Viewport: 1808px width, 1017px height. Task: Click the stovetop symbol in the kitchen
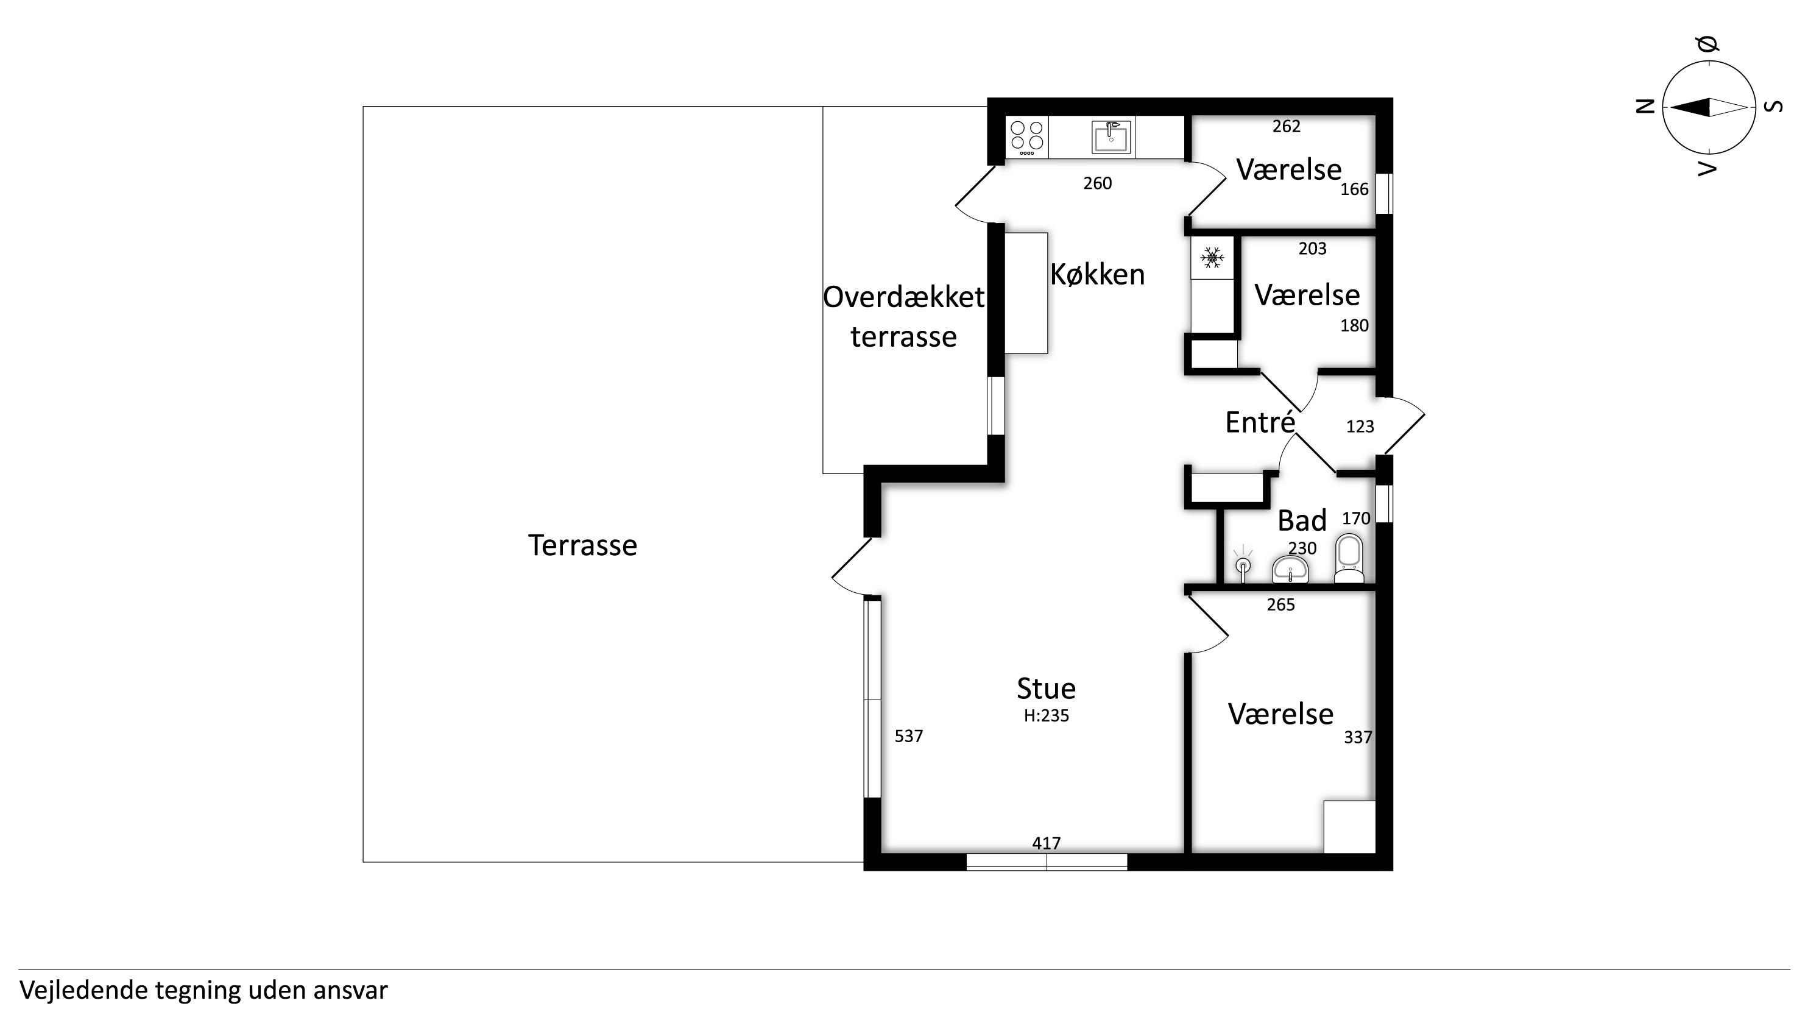pyautogui.click(x=1027, y=138)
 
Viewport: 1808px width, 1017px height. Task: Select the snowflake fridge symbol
pyautogui.click(x=1212, y=258)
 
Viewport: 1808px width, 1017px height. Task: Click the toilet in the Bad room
pyautogui.click(x=1349, y=559)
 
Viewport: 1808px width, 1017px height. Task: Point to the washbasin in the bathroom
pyautogui.click(x=1290, y=569)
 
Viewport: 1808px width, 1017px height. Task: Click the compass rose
pyautogui.click(x=1708, y=107)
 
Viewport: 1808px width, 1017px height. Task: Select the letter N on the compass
pyautogui.click(x=1646, y=107)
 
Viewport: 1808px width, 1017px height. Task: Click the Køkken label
pyautogui.click(x=1097, y=274)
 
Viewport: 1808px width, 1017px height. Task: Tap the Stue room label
pyautogui.click(x=1046, y=689)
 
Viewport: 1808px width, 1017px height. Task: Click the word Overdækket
pyautogui.click(x=903, y=297)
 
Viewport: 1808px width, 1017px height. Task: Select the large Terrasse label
pyautogui.click(x=582, y=545)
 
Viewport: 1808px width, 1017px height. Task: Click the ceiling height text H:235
pyautogui.click(x=1046, y=716)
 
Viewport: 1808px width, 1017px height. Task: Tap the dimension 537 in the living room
pyautogui.click(x=908, y=735)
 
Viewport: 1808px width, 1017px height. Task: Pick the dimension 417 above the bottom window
pyautogui.click(x=1046, y=843)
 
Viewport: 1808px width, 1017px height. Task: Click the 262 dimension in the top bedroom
pyautogui.click(x=1286, y=126)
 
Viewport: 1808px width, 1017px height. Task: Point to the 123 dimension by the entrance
pyautogui.click(x=1360, y=427)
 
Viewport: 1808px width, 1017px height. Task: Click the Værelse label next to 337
pyautogui.click(x=1280, y=714)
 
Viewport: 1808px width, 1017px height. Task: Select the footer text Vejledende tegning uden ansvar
pyautogui.click(x=203, y=990)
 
